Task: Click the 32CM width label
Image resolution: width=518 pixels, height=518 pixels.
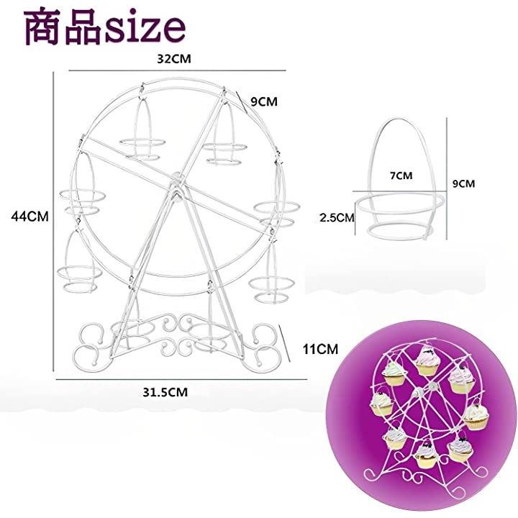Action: pyautogui.click(x=174, y=59)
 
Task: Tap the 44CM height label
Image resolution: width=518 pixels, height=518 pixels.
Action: pyautogui.click(x=29, y=217)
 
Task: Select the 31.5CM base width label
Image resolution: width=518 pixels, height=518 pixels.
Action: pyautogui.click(x=165, y=392)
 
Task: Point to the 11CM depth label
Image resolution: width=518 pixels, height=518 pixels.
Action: pyautogui.click(x=320, y=349)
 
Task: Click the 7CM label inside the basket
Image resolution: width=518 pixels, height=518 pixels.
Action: pyautogui.click(x=401, y=176)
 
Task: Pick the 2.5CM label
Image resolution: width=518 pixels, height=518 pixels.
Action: pyautogui.click(x=337, y=217)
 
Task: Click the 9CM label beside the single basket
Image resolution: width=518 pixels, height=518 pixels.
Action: pyautogui.click(x=463, y=183)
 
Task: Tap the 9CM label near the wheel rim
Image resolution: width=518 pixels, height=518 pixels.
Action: pyautogui.click(x=264, y=101)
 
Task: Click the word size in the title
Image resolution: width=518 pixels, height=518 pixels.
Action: pyautogui.click(x=145, y=27)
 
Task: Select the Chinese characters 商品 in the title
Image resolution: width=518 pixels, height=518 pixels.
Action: pyautogui.click(x=63, y=27)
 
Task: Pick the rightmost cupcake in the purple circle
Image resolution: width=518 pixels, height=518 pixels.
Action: pyautogui.click(x=476, y=417)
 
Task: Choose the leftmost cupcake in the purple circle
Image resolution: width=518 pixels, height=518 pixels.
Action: pyautogui.click(x=382, y=404)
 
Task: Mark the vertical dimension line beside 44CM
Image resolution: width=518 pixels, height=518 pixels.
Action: pyautogui.click(x=53, y=222)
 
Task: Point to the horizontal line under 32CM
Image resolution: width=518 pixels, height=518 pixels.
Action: pyautogui.click(x=177, y=71)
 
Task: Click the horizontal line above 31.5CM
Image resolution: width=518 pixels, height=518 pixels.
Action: pyautogui.click(x=181, y=379)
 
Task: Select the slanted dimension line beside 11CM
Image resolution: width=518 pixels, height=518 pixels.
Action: pyautogui.click(x=285, y=343)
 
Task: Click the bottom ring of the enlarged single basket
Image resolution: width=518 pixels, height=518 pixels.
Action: pyautogui.click(x=400, y=232)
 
